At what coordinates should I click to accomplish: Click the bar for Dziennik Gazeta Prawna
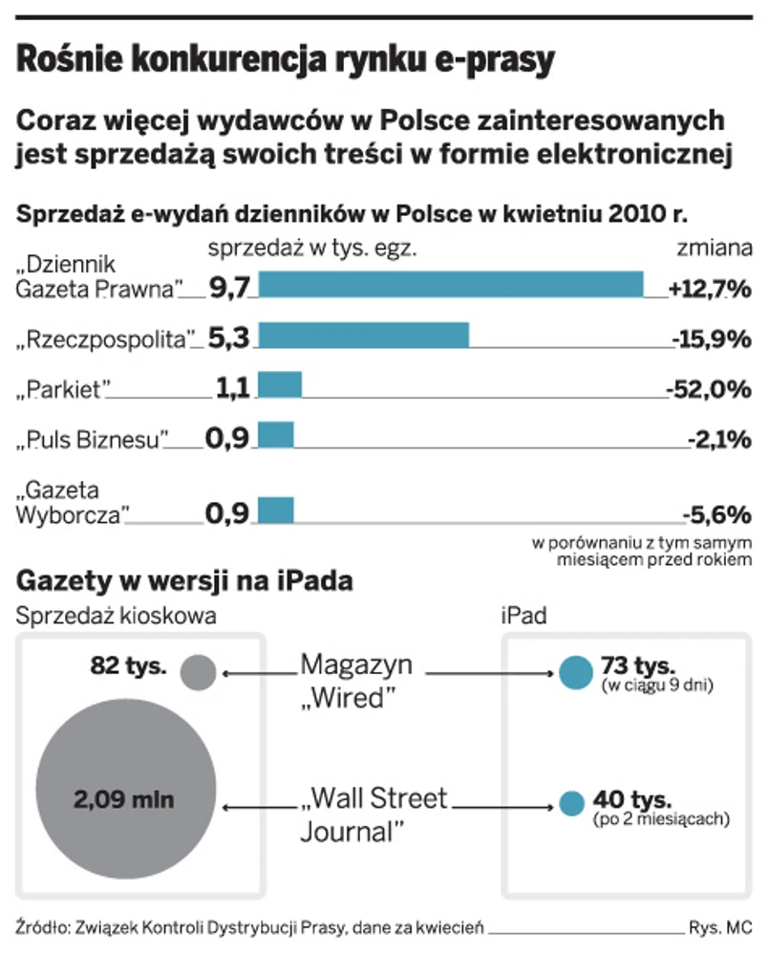coord(451,285)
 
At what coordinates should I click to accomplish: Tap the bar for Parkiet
coord(280,385)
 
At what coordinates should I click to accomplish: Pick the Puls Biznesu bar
coord(276,435)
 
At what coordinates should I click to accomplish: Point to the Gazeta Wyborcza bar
coord(276,510)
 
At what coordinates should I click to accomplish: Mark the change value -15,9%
coord(708,338)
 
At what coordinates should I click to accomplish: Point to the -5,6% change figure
coord(716,515)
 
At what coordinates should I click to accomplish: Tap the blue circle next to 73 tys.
coord(575,672)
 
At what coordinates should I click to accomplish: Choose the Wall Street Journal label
coord(374,814)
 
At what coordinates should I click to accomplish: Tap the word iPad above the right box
coord(523,617)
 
